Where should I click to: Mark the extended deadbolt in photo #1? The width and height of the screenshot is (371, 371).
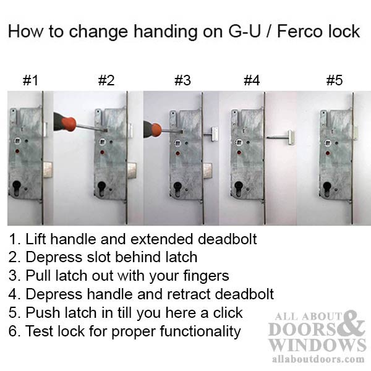tap(48, 168)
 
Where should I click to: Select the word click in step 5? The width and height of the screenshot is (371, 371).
tap(223, 313)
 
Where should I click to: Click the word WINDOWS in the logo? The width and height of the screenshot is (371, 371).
tap(317, 344)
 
